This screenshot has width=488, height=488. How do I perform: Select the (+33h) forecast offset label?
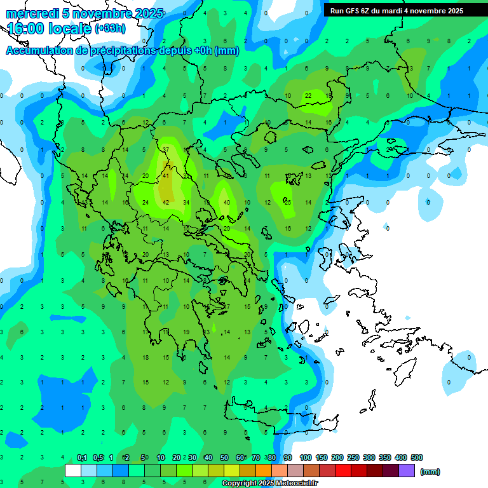point(109,29)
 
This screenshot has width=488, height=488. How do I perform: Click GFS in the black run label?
point(356,11)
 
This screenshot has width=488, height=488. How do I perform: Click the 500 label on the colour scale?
point(416,457)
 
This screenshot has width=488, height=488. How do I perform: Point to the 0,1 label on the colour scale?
point(82,457)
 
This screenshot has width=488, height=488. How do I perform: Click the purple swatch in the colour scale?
point(407,470)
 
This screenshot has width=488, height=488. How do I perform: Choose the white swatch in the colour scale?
point(73,470)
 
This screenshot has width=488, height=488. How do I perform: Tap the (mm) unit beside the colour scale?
point(430,471)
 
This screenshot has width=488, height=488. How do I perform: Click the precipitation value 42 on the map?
point(166,202)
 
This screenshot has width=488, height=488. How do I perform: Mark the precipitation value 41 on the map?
point(166,175)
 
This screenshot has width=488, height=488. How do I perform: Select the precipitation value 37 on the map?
point(166,149)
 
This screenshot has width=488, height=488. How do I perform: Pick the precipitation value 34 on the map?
point(186,202)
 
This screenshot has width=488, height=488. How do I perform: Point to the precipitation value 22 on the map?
point(308,96)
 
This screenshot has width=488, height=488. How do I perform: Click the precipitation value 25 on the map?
point(288,202)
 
